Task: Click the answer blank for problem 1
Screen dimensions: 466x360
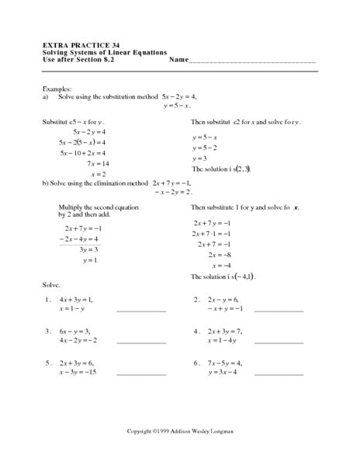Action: click(x=141, y=311)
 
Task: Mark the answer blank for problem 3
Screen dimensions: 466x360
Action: click(x=141, y=342)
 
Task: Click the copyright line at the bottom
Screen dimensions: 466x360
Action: click(x=179, y=431)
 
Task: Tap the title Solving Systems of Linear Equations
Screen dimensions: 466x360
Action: click(x=105, y=51)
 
